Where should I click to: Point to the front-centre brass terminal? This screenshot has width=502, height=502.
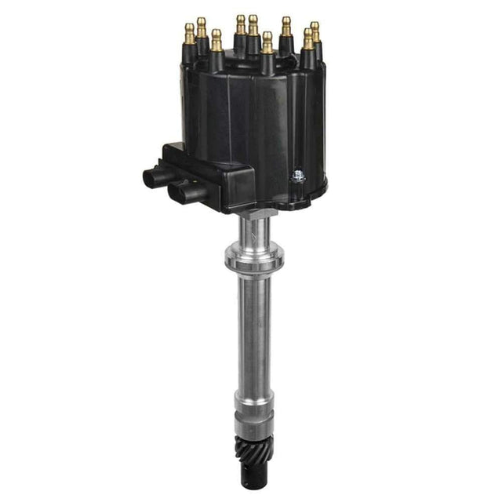267,40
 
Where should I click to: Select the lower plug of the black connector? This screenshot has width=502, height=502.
179,191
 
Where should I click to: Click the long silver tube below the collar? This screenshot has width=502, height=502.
253,329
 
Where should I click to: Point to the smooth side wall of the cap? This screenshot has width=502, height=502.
259,125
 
